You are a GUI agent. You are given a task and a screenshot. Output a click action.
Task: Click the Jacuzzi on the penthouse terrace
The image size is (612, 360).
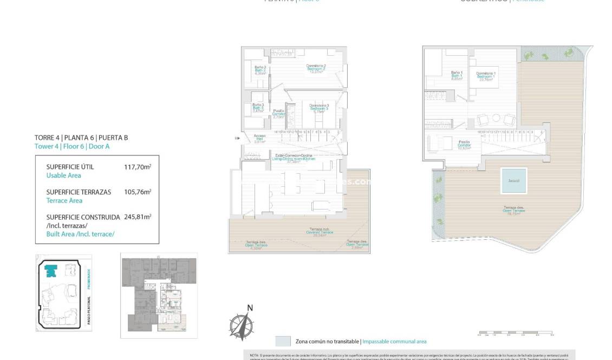click(x=512, y=181)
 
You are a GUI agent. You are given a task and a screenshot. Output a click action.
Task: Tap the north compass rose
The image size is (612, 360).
click(x=242, y=325)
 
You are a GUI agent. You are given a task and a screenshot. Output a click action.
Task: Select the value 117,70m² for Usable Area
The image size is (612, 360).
click(x=137, y=167)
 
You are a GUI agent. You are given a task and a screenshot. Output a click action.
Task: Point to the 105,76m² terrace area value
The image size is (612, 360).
click(x=137, y=192)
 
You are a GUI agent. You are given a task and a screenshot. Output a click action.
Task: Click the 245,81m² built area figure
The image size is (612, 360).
click(x=137, y=217)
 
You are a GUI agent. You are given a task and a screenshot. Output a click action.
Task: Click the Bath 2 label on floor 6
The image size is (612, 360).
click(x=260, y=70)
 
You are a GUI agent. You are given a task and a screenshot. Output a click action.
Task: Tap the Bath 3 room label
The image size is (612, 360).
click(x=258, y=107)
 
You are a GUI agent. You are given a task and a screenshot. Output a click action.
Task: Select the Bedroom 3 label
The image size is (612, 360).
click(x=319, y=108)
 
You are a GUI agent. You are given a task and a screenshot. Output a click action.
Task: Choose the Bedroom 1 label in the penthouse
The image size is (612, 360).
click(x=486, y=76)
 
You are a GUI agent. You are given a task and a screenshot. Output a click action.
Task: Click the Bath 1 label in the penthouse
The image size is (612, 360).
click(x=457, y=75)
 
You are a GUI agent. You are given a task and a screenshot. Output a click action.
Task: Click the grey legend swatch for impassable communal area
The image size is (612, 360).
click(x=283, y=341)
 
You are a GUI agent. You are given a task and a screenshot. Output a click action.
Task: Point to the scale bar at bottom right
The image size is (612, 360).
click(x=515, y=332)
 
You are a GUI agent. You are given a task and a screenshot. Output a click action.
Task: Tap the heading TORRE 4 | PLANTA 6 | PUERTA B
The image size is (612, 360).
click(x=81, y=138)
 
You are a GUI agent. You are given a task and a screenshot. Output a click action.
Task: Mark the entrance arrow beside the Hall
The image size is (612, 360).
click(x=236, y=139)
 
